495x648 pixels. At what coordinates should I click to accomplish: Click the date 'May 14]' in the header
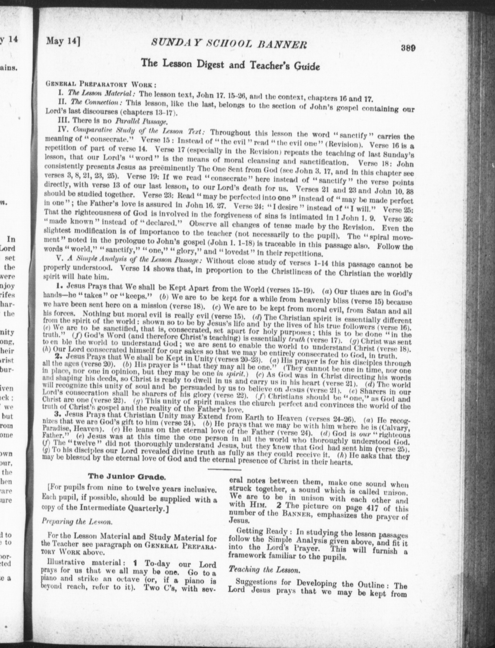(x=63, y=41)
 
